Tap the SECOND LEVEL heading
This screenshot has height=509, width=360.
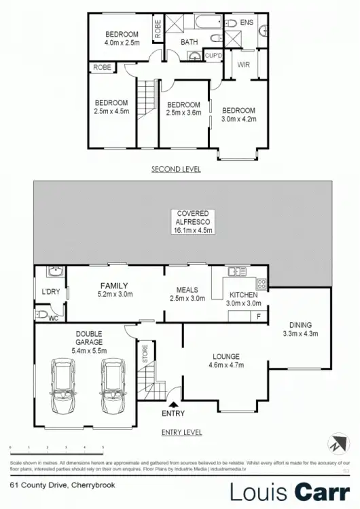pyautogui.click(x=176, y=170)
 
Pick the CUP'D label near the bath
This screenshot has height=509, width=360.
pyautogui.click(x=214, y=56)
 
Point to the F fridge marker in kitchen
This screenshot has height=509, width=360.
pyautogui.click(x=259, y=317)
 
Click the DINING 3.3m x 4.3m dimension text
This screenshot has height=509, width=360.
pyautogui.click(x=300, y=334)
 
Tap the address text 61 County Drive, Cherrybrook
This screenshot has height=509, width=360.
pyautogui.click(x=54, y=485)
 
